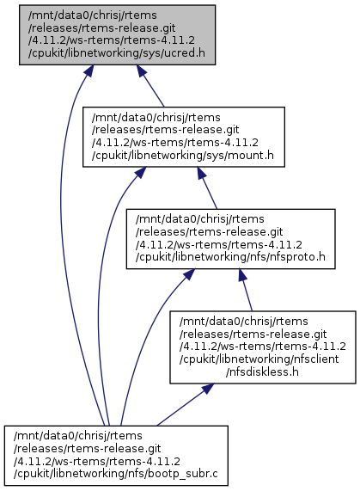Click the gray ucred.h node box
coord(118,34)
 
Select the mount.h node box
coord(184,137)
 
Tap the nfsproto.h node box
coord(230,238)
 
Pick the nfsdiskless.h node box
coord(263,347)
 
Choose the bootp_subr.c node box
coord(116,456)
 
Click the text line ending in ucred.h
coord(117,53)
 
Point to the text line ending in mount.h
coord(183,156)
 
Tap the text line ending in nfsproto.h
coord(230,257)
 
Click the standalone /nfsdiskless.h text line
coord(262,372)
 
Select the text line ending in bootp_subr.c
coord(115,474)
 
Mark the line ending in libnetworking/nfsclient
coord(259,359)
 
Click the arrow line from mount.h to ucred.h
coord(150,86)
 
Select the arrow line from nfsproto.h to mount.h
coord(207,187)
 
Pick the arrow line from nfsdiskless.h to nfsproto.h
coord(245,290)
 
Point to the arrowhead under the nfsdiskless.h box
coord(208,389)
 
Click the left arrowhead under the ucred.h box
coord(88,71)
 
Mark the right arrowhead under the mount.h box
coord(202,173)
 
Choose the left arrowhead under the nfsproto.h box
coord(189,274)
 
